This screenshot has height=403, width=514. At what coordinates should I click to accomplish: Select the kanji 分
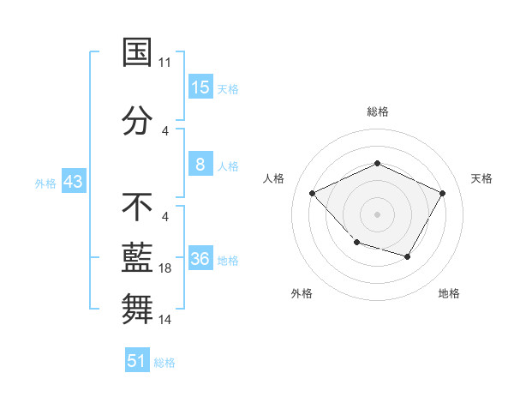point(137,118)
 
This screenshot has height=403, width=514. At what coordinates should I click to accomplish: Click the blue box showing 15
point(200,87)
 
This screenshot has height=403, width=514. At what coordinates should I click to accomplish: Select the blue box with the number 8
point(200,165)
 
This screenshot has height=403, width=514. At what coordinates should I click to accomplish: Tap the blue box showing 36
point(200,259)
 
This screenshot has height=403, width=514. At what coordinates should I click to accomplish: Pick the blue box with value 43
point(73,182)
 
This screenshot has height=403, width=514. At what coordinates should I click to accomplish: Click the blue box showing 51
point(137,361)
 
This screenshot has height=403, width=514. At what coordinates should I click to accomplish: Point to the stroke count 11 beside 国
point(165,63)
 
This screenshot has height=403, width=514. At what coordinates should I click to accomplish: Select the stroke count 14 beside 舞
point(165,320)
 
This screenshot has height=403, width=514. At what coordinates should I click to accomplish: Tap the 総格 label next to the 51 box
point(164,363)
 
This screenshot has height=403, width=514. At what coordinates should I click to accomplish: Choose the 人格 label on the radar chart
point(274,178)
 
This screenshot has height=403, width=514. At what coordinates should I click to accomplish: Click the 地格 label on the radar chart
point(449,293)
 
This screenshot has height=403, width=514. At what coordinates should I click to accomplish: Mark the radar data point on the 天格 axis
point(442,193)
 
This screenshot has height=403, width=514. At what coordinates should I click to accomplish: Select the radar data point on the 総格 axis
point(377,163)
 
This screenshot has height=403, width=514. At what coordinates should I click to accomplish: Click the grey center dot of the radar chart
point(377,214)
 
